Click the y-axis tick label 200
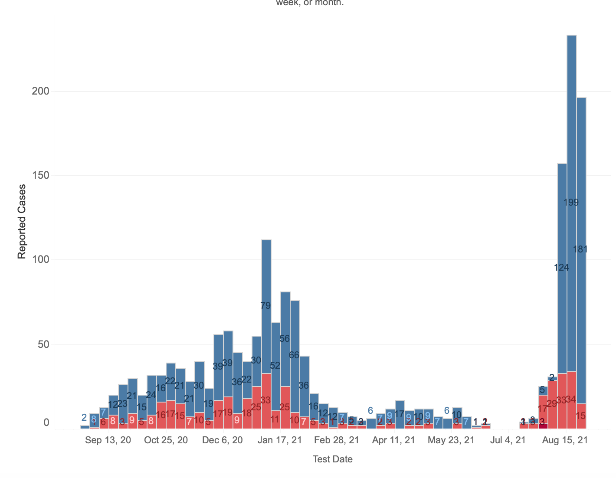click(41, 92)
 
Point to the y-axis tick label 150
click(41, 176)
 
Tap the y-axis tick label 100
click(41, 260)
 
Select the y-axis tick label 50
click(43, 344)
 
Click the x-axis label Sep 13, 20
click(108, 440)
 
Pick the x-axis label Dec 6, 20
click(223, 440)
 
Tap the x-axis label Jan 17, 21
click(280, 440)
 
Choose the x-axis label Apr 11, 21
click(393, 440)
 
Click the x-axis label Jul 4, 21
click(508, 440)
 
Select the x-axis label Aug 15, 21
click(565, 440)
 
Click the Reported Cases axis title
click(22, 222)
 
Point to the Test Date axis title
click(333, 459)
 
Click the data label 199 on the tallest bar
click(571, 203)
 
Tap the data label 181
click(580, 249)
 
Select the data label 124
click(561, 268)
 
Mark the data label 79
click(265, 306)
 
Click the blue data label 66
click(294, 355)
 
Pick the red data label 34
click(571, 399)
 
